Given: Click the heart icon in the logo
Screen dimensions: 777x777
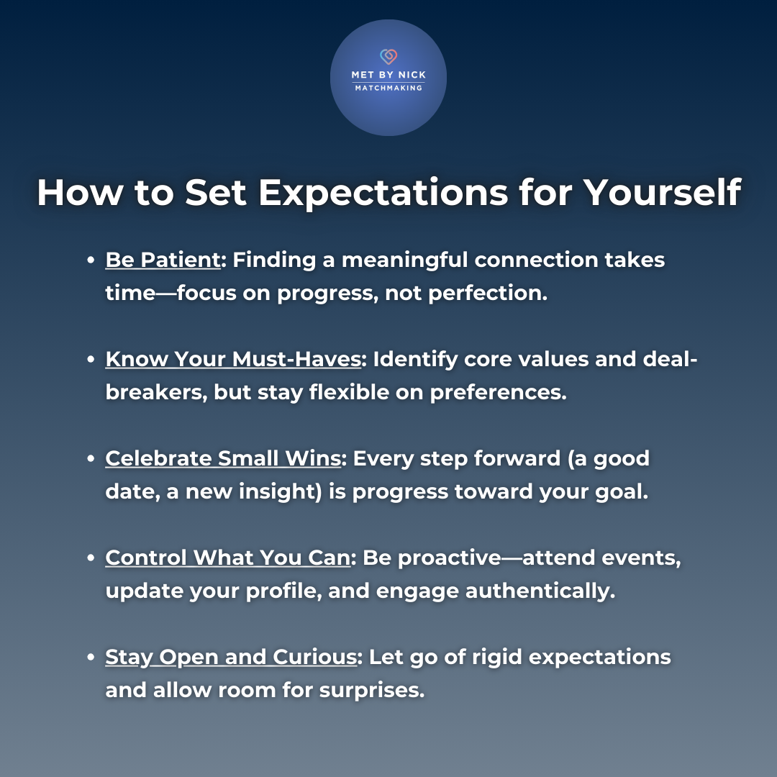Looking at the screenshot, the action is [x=388, y=57].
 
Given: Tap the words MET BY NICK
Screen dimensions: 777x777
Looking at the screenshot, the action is [x=388, y=75].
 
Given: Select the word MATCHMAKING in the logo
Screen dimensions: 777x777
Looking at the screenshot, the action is [x=388, y=88].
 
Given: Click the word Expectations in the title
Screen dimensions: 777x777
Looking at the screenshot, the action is [x=383, y=193].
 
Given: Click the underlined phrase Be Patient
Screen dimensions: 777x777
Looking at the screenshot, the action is [x=163, y=260].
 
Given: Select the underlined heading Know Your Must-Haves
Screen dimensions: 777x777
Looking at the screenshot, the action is [x=233, y=360].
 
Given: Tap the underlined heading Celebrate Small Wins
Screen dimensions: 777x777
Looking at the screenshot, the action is [x=223, y=458].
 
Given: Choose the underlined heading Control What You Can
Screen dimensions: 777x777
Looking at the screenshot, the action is [x=228, y=558].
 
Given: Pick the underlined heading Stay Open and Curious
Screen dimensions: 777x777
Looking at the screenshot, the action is [x=231, y=658].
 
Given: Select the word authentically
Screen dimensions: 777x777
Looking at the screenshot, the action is [x=537, y=591].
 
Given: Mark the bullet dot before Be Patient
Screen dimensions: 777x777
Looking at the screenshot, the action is [x=91, y=260].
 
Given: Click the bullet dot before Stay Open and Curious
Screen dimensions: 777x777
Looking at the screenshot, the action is [x=91, y=657].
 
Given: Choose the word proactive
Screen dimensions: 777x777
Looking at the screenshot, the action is [x=450, y=558].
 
